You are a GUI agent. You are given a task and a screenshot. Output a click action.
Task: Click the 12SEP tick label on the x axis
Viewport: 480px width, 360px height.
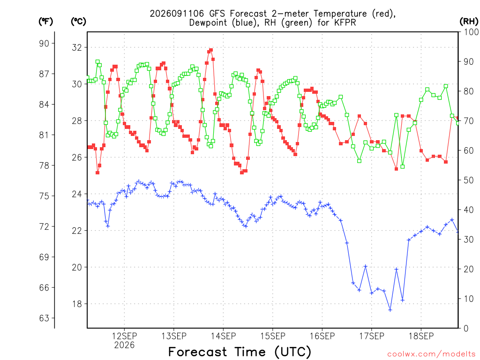pyautogui.click(x=124, y=336)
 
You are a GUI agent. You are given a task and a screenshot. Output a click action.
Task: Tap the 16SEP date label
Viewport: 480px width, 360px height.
pyautogui.click(x=322, y=336)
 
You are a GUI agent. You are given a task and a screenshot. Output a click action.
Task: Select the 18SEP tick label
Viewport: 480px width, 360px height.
pyautogui.click(x=421, y=336)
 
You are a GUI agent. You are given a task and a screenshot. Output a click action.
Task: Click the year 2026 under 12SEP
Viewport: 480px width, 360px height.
pyautogui.click(x=124, y=345)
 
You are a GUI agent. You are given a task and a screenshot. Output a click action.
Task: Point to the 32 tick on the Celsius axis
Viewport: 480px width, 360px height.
pyautogui.click(x=77, y=47)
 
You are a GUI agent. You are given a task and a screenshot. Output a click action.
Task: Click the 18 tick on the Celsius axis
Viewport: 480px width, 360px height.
pyautogui.click(x=77, y=304)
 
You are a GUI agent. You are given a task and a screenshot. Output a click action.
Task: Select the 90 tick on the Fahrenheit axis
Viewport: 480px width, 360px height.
pyautogui.click(x=44, y=44)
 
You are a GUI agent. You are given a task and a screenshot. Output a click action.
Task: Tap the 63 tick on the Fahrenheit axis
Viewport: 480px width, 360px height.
pyautogui.click(x=44, y=318)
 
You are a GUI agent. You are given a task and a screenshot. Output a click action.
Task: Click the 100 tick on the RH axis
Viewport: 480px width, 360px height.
pyautogui.click(x=471, y=32)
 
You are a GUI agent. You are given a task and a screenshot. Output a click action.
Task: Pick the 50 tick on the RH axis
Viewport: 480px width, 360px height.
pyautogui.click(x=469, y=180)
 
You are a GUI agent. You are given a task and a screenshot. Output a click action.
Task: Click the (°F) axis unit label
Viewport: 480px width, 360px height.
pyautogui.click(x=45, y=22)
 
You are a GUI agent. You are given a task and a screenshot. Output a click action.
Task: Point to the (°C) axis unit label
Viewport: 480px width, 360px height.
pyautogui.click(x=78, y=22)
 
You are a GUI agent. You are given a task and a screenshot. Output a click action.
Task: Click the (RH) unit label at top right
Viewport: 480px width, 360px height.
pyautogui.click(x=469, y=22)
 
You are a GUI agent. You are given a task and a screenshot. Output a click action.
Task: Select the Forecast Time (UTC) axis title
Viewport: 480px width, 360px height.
pyautogui.click(x=240, y=352)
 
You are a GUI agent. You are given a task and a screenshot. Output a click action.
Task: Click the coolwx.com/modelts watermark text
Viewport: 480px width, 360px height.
pyautogui.click(x=431, y=354)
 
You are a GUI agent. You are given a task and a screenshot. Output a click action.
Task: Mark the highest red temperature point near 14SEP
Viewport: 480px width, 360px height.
pyautogui.click(x=211, y=50)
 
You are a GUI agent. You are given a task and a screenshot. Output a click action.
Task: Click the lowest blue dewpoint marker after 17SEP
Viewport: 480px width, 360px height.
pyautogui.click(x=390, y=310)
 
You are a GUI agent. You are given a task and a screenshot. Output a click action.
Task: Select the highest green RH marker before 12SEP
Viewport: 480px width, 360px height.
pyautogui.click(x=97, y=62)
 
